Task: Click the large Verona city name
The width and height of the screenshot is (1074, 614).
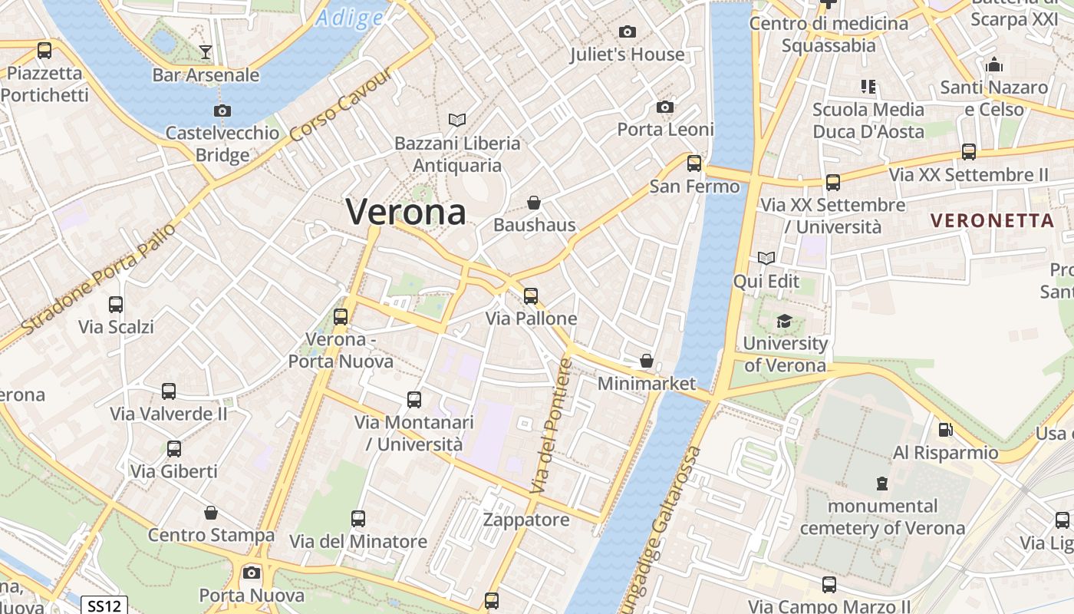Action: click(406, 212)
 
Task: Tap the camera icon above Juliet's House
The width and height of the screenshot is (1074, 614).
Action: click(627, 31)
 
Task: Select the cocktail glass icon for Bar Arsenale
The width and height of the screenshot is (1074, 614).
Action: click(206, 52)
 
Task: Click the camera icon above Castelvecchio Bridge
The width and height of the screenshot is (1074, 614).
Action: click(222, 111)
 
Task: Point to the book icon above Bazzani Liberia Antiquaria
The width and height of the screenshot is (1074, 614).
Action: click(457, 120)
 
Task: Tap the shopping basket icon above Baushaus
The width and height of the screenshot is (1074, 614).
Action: click(534, 203)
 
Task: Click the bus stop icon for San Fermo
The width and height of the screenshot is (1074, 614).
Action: click(694, 163)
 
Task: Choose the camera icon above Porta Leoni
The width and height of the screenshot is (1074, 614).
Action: click(665, 107)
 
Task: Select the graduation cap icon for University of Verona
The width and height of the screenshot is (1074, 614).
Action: click(784, 321)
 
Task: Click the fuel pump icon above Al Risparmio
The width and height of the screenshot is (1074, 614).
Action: click(946, 430)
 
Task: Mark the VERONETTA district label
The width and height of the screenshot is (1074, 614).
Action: click(992, 221)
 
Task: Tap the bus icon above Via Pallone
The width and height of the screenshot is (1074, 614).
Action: click(531, 295)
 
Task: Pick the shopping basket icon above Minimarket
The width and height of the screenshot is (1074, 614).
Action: click(647, 361)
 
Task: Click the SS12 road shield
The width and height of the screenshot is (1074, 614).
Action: click(104, 606)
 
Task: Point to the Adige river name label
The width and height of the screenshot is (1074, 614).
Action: click(350, 18)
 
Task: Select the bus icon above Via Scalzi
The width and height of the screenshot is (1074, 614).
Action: click(116, 304)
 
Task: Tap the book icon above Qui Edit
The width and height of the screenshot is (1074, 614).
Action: click(766, 258)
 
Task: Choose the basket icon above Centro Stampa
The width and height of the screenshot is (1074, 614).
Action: click(211, 512)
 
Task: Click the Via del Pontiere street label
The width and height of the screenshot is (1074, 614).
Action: click(552, 426)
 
